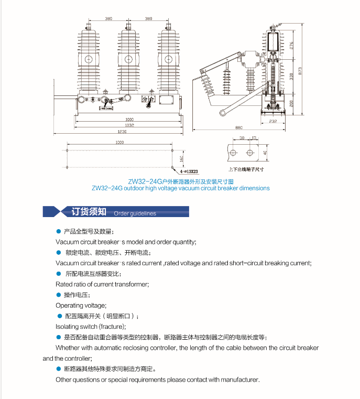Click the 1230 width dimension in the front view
[122, 131]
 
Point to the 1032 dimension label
[129, 125]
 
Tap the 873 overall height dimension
[300, 71]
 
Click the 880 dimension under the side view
[239, 127]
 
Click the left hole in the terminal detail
[233, 153]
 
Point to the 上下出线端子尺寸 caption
[246, 169]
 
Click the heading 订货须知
[89, 212]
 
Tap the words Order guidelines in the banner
[135, 213]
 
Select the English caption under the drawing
[180, 188]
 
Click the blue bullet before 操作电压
[58, 295]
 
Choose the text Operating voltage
[81, 305]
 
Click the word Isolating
[67, 326]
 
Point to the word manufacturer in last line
[240, 380]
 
